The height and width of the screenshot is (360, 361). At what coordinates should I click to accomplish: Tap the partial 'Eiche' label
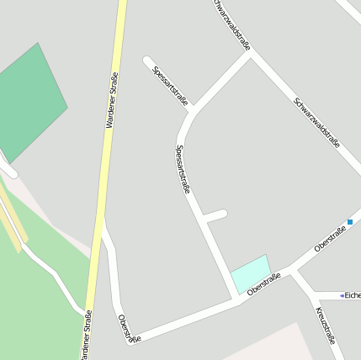(353, 295)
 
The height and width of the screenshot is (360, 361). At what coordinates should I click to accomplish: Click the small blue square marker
(350, 222)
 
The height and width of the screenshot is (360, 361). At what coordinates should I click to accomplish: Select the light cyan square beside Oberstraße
(251, 273)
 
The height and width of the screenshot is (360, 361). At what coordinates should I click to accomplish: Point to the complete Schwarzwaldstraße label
(317, 123)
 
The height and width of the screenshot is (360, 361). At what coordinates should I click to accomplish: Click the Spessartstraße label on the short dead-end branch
(170, 85)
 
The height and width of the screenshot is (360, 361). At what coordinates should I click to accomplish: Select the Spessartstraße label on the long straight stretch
(182, 169)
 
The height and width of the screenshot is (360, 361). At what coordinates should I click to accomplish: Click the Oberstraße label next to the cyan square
(263, 286)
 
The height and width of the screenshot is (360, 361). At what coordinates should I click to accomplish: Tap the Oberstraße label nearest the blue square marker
(330, 239)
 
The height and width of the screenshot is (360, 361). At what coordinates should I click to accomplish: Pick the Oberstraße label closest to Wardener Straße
(129, 329)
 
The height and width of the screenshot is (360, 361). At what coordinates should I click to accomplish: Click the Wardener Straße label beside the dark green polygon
(111, 101)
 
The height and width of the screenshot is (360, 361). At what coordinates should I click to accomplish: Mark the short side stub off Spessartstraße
(215, 215)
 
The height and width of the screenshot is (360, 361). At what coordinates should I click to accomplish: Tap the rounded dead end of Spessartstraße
(148, 61)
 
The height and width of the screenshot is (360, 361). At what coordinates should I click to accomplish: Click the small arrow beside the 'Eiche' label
(342, 295)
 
